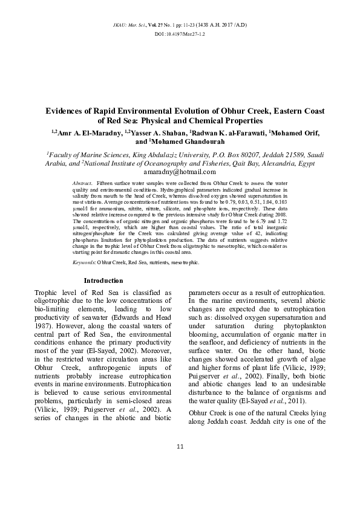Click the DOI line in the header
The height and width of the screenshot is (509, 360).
[x=180, y=34]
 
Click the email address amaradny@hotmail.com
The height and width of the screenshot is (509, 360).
[x=180, y=172]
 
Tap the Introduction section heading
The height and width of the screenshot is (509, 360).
[x=103, y=280]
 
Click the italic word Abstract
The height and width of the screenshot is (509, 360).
[x=82, y=182]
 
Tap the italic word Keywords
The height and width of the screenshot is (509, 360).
[x=83, y=262]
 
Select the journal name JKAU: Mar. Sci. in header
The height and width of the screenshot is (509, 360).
[x=128, y=24]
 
